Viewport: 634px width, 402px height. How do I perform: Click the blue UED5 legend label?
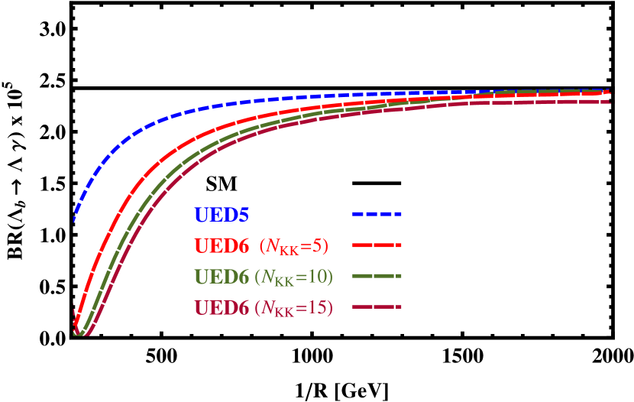tap(222, 215)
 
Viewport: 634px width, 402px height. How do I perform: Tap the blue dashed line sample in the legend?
tap(377, 215)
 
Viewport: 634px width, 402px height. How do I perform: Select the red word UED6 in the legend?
tap(222, 246)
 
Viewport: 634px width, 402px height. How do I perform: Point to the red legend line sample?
tap(377, 246)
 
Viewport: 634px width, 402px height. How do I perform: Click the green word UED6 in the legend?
tap(222, 277)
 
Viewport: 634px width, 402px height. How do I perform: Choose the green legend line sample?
tap(377, 277)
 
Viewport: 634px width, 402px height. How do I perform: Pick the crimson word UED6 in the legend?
tap(222, 308)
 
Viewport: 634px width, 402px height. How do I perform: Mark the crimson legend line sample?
tap(377, 308)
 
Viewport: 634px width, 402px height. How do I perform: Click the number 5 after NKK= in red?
tap(319, 246)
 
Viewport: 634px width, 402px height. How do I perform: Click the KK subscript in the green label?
tap(285, 281)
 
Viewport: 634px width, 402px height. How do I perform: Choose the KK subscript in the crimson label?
tap(285, 313)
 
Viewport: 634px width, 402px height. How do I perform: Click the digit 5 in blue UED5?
tap(243, 215)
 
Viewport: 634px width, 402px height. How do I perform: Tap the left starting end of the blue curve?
tap(74, 220)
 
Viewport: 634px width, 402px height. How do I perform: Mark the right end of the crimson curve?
tap(609, 102)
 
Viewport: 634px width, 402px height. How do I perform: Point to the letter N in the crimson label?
tap(269, 308)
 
